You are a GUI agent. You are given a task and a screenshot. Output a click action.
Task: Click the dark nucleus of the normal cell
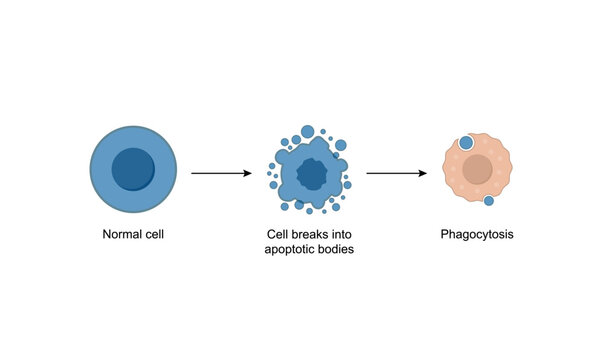click(x=133, y=169)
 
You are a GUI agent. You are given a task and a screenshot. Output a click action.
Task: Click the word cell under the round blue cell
click(x=153, y=236)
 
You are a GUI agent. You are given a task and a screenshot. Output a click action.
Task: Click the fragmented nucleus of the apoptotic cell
click(x=311, y=175)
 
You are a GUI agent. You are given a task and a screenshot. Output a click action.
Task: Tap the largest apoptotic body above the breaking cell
click(x=308, y=132)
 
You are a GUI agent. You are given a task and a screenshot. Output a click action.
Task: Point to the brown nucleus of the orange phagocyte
click(x=478, y=171)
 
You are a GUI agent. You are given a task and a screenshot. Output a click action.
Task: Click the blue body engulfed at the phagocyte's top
click(x=466, y=142)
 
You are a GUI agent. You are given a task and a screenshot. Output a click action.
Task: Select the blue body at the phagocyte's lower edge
click(x=489, y=201)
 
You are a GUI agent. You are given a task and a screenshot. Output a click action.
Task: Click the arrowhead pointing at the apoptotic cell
click(x=248, y=174)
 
